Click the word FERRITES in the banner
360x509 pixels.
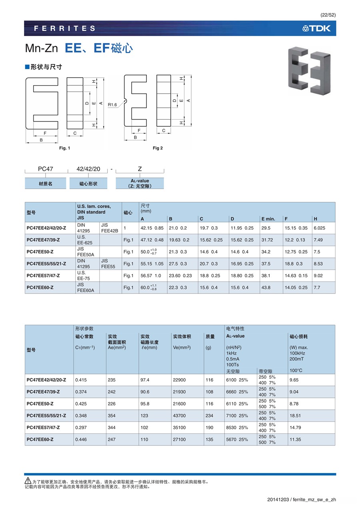[65, 28]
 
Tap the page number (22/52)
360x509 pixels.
[328, 15]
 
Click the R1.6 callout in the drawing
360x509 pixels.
[112, 105]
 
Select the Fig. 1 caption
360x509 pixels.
[64, 148]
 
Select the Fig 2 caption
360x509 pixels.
[158, 148]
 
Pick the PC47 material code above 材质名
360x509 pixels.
[45, 169]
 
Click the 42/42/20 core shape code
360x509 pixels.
[88, 169]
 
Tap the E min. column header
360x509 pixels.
[268, 219]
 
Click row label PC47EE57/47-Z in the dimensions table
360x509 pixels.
[43, 275]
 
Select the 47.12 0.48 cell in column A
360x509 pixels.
[152, 240]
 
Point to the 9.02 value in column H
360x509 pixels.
[318, 275]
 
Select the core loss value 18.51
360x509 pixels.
[295, 416]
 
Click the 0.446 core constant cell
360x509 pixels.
[81, 439]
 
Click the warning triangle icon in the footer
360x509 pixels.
[28, 480]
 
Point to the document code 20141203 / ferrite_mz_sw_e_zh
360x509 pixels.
[302, 499]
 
